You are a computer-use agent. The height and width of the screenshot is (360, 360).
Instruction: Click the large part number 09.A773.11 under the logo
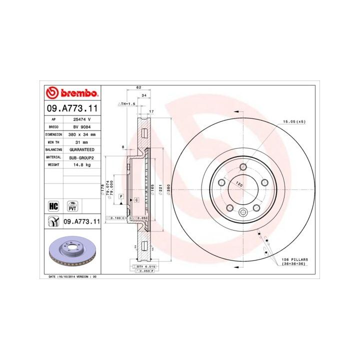(x=72, y=108)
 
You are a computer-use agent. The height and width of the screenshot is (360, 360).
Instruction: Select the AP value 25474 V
(x=81, y=120)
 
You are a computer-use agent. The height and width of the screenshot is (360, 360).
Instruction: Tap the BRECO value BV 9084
(x=81, y=127)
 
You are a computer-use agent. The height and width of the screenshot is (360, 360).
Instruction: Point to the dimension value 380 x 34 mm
(x=81, y=135)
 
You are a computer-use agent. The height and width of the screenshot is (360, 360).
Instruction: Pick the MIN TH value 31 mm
(x=81, y=142)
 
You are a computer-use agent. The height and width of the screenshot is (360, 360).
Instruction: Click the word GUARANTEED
(x=81, y=149)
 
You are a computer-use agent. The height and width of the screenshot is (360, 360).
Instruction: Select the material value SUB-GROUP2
(x=81, y=157)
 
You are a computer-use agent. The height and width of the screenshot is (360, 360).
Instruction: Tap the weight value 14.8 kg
(x=81, y=164)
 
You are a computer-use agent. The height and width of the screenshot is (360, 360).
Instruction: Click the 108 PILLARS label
(x=294, y=259)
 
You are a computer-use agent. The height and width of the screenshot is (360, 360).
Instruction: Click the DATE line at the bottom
(x=72, y=276)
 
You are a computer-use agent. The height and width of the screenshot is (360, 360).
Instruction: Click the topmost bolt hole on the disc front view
(x=243, y=167)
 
